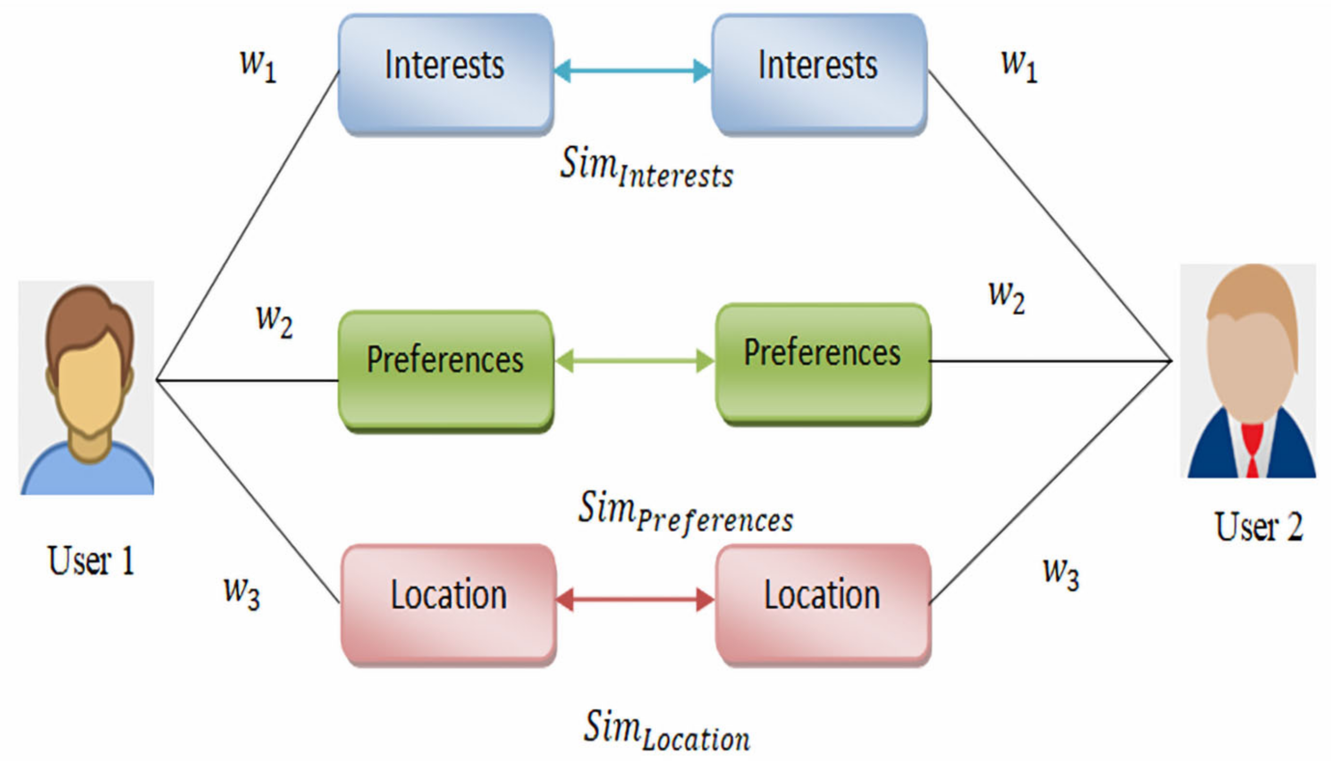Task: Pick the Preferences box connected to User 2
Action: [x=823, y=363]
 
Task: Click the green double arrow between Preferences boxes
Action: [x=635, y=361]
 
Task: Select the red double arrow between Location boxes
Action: [x=635, y=600]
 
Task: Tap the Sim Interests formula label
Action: [x=646, y=167]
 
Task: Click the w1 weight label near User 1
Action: [x=258, y=66]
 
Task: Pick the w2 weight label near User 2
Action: [x=1006, y=297]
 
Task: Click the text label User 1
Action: [x=91, y=561]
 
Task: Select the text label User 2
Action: [x=1259, y=527]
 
